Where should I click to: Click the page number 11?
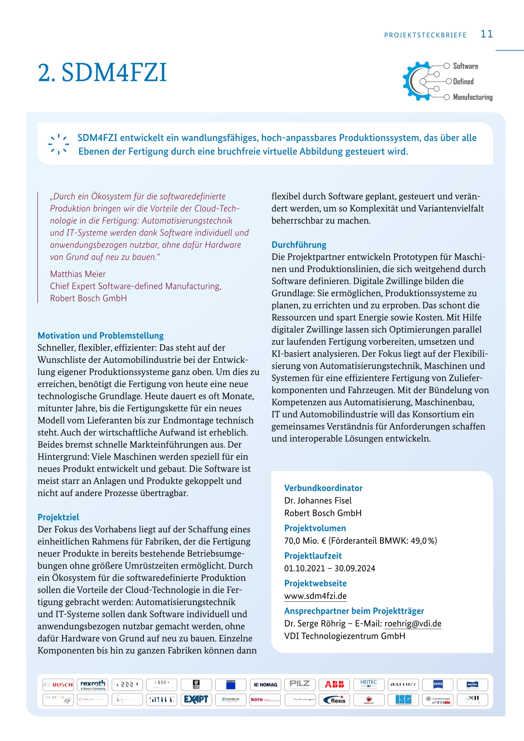(x=487, y=34)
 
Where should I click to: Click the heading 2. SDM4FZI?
(x=102, y=73)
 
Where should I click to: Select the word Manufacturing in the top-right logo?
(x=472, y=97)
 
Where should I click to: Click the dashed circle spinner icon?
(x=59, y=144)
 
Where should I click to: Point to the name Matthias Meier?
(x=78, y=274)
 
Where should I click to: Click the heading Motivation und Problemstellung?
(x=100, y=335)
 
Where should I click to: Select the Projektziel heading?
(x=58, y=517)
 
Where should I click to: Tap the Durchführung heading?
(x=299, y=245)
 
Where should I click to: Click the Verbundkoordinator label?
(x=323, y=488)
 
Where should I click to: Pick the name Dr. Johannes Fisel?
(x=317, y=501)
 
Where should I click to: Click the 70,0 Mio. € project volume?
(x=304, y=541)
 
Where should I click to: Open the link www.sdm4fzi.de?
(x=315, y=596)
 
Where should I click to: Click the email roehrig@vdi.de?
(x=413, y=623)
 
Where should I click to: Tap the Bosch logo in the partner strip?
(x=58, y=685)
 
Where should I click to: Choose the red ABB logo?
(x=334, y=684)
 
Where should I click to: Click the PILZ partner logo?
(x=299, y=684)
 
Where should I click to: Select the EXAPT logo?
(x=196, y=700)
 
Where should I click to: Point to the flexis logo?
(x=334, y=700)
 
